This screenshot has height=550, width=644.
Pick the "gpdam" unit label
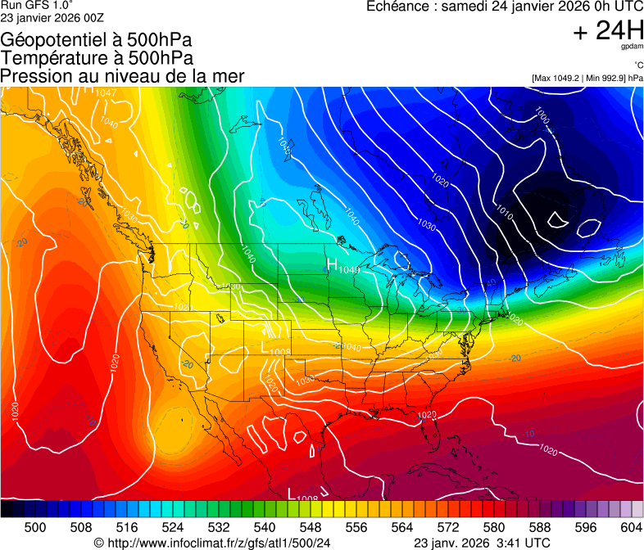631,47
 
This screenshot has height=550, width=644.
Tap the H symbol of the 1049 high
332,264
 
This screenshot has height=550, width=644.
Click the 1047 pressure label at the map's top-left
106,92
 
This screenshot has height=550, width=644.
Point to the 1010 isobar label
503,214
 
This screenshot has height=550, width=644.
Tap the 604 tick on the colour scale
631,526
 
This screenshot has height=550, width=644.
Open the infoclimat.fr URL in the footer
219,543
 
